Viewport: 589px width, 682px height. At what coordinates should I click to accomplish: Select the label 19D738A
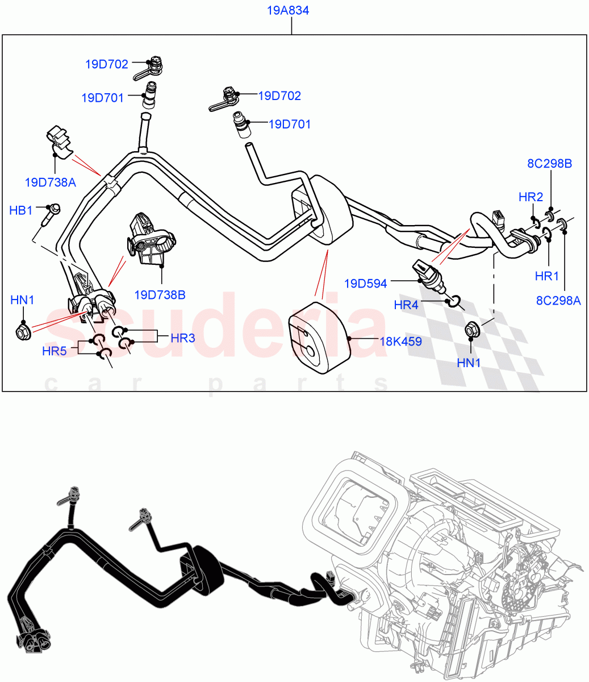point(50,182)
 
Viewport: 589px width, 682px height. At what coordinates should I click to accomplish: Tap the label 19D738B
point(160,295)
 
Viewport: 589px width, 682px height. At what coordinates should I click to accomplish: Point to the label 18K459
point(400,342)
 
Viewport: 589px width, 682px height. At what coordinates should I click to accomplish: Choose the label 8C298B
point(549,164)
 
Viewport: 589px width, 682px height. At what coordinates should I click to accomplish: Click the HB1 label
point(21,211)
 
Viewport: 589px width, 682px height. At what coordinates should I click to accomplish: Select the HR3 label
point(182,338)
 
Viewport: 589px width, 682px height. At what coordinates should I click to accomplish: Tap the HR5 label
point(55,351)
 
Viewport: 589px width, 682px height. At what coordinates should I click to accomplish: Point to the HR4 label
point(406,305)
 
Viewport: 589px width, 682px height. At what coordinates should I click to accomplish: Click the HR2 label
point(530,197)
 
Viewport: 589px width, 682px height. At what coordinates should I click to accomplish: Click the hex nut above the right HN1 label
point(471,329)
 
